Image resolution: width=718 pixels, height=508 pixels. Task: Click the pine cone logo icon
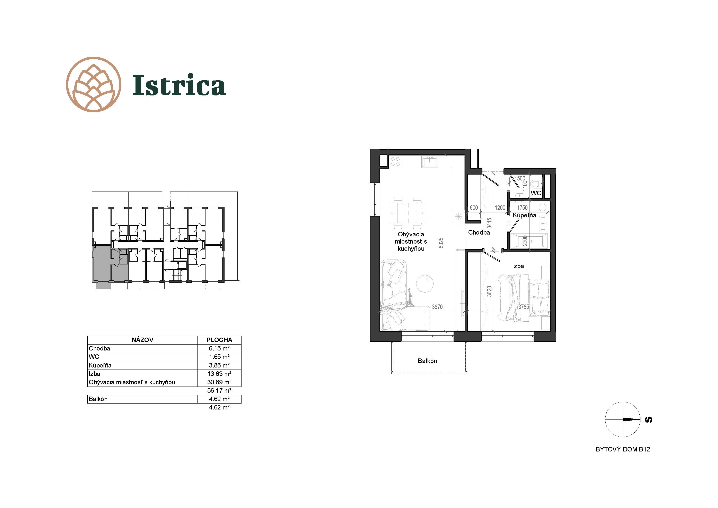[94, 85]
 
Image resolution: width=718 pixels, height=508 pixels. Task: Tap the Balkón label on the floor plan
[428, 361]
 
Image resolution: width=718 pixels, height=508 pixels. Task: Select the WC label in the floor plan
[536, 193]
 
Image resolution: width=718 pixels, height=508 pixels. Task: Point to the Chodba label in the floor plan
[479, 232]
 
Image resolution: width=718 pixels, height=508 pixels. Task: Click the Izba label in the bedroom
[518, 266]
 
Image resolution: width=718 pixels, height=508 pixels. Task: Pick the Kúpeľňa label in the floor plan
[524, 215]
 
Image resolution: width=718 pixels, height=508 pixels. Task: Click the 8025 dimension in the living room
[441, 243]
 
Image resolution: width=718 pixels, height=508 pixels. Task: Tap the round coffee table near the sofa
[425, 283]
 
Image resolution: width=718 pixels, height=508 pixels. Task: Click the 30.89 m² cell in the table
[219, 382]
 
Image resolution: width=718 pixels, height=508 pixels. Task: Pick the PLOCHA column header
[219, 340]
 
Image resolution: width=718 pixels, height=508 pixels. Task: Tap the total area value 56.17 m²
[219, 391]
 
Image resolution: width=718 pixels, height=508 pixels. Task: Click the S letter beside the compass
[649, 420]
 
